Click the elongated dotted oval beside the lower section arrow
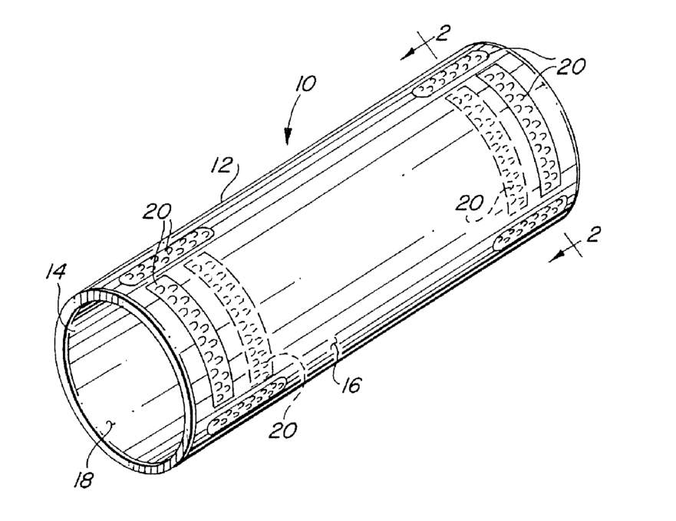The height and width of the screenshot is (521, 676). click(529, 231)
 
